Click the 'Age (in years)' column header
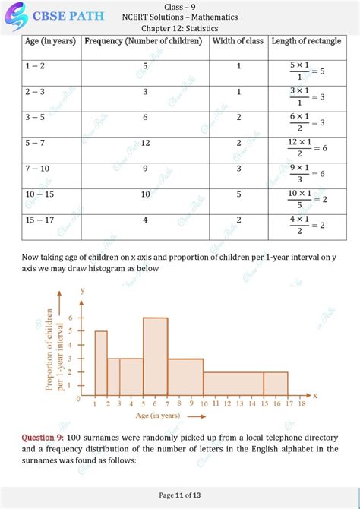click(x=50, y=41)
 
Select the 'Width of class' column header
click(x=238, y=41)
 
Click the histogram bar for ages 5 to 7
click(x=155, y=357)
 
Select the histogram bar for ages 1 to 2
click(x=100, y=364)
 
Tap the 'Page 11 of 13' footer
click(x=180, y=495)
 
